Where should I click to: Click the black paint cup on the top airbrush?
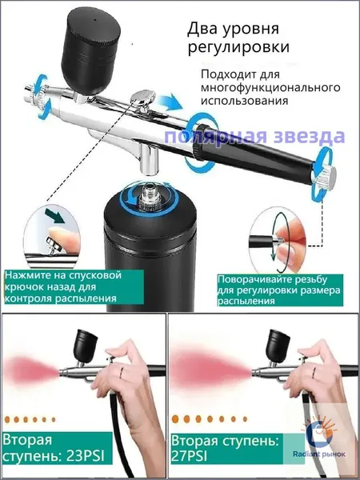click(x=90, y=50)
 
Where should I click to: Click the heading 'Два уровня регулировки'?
click(x=238, y=38)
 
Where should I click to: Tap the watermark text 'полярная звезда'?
click(x=254, y=137)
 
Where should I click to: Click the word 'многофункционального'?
click(x=270, y=87)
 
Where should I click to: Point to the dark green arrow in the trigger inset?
click(x=54, y=216)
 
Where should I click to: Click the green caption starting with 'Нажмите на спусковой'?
click(x=74, y=287)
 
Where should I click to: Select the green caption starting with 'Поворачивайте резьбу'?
click(x=280, y=290)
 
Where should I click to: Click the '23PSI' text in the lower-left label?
click(x=86, y=457)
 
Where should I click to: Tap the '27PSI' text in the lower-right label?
click(x=189, y=457)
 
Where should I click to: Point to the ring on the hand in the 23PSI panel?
click(x=122, y=373)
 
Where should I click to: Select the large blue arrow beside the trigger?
click(x=171, y=102)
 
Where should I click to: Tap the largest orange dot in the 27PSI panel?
click(x=175, y=419)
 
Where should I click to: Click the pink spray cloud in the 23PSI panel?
click(x=30, y=370)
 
